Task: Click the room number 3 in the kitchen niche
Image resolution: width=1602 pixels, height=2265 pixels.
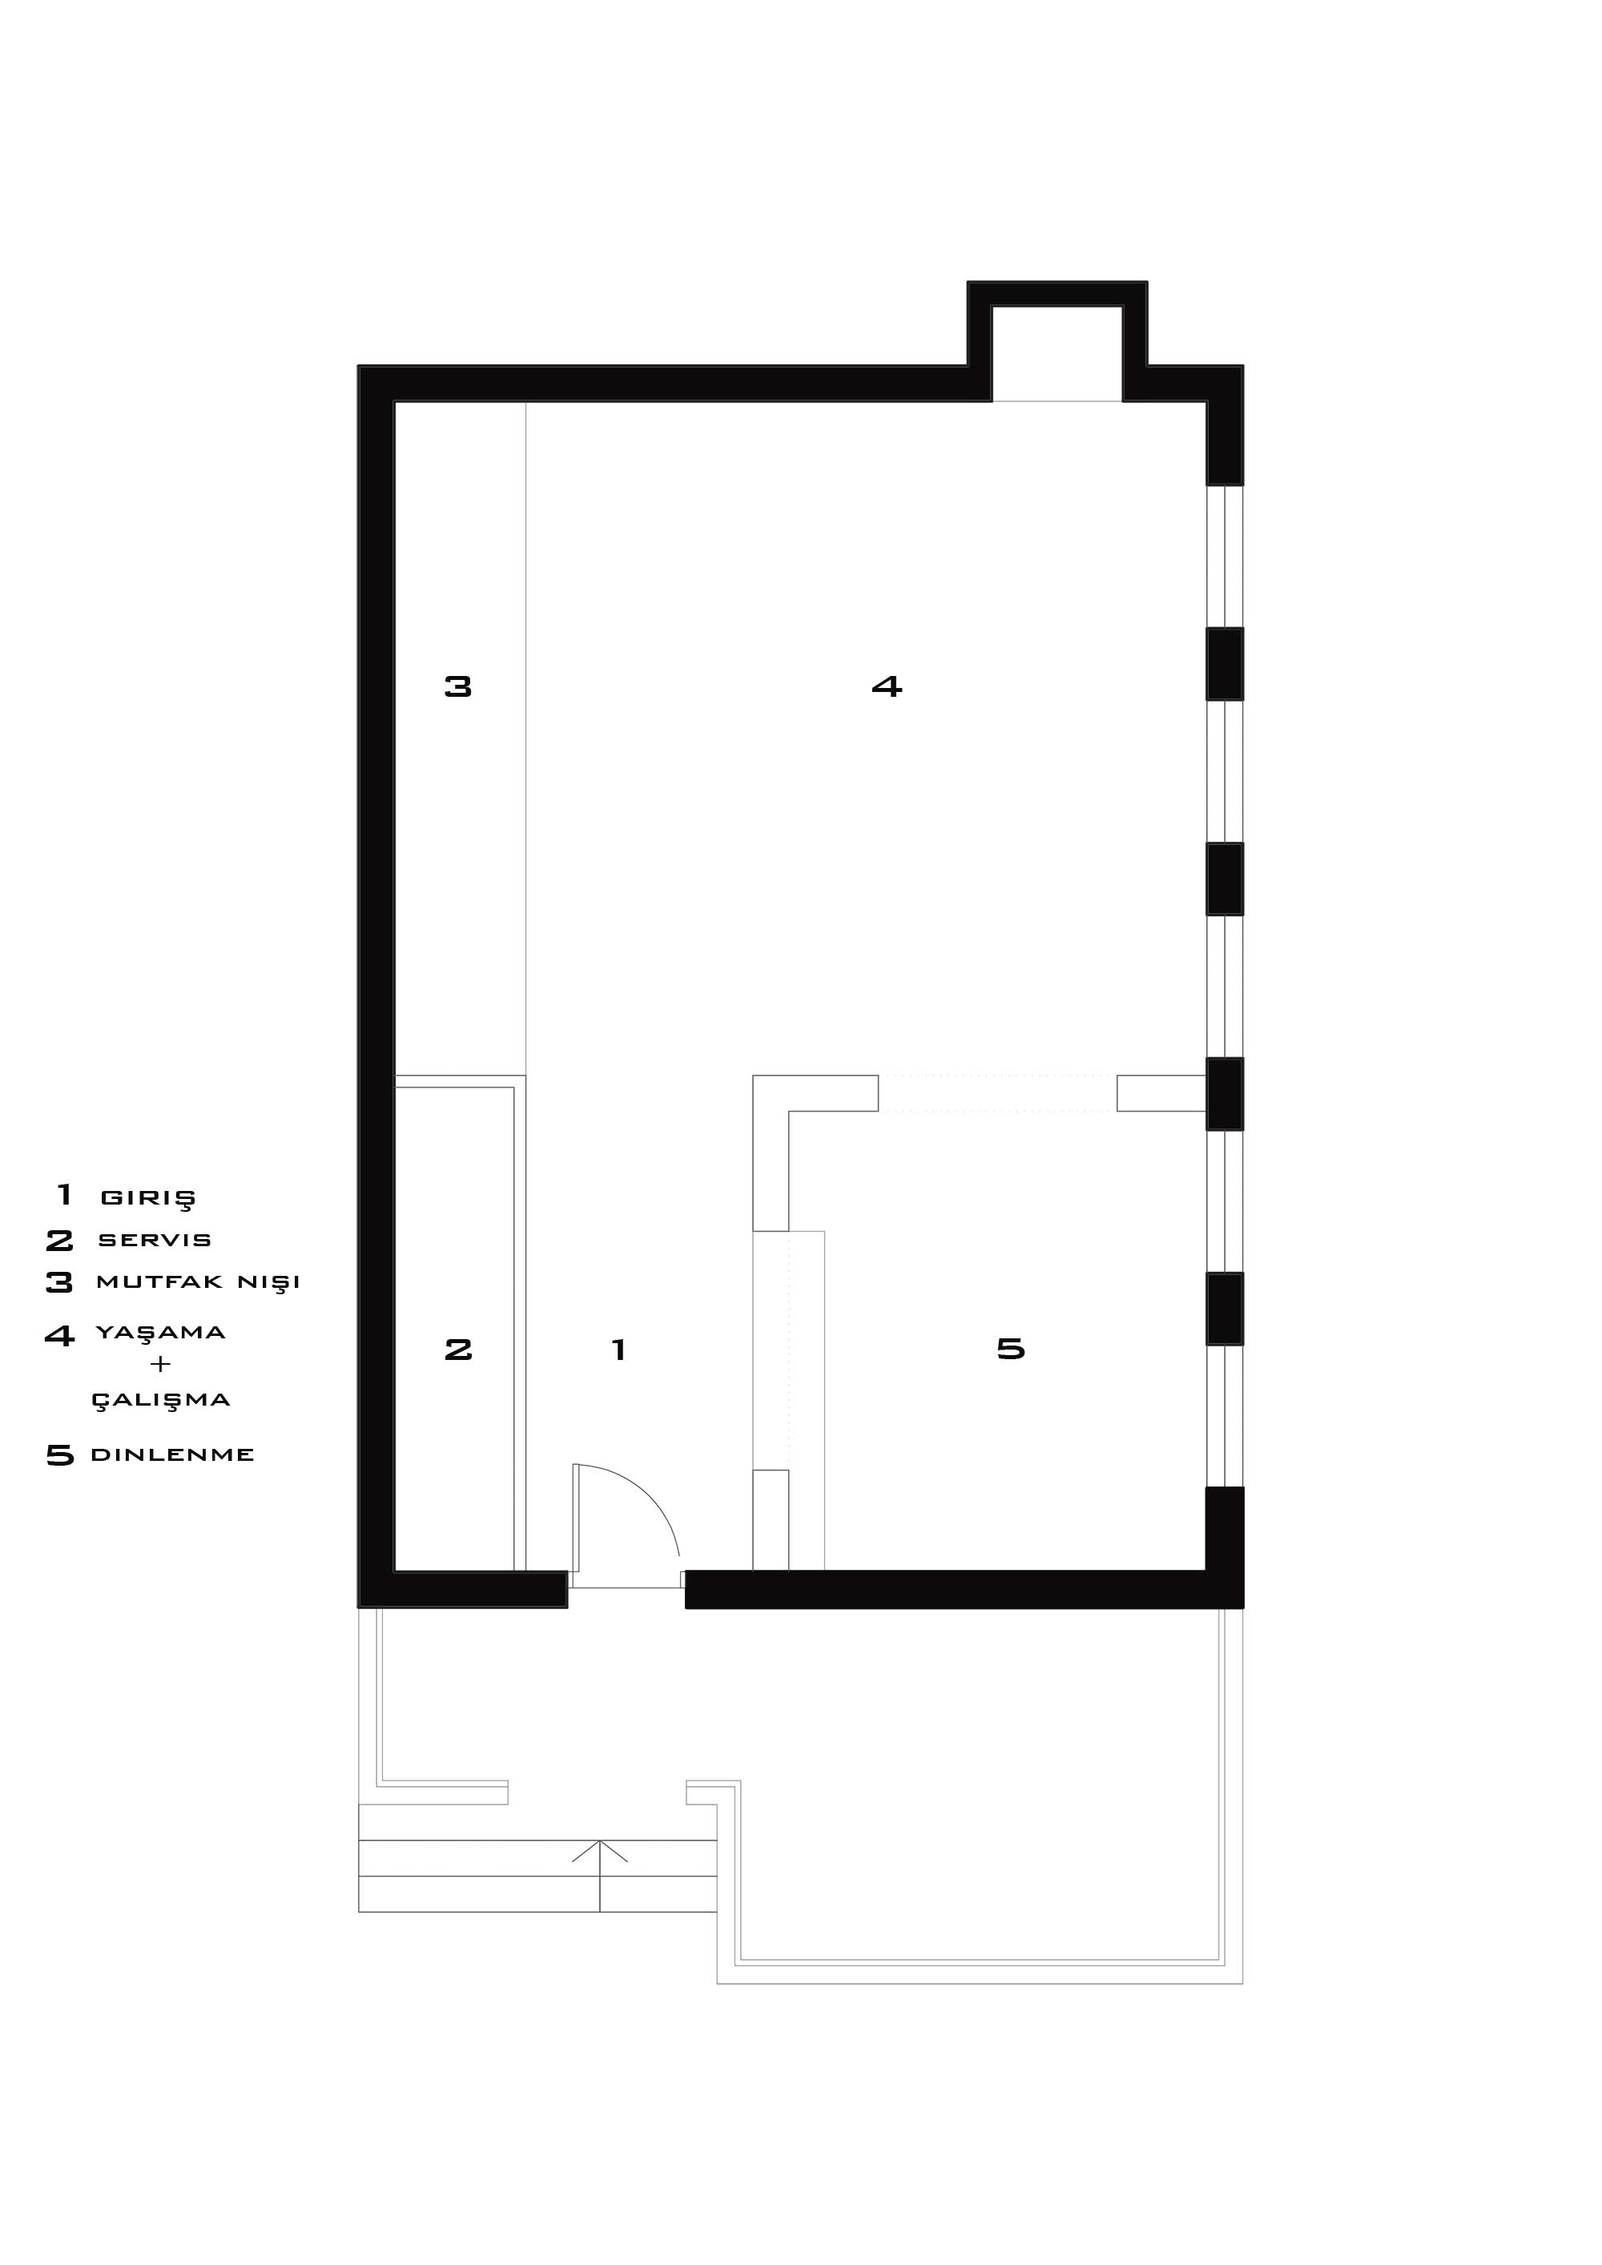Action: tap(457, 686)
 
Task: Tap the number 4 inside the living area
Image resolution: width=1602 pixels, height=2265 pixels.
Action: tap(887, 686)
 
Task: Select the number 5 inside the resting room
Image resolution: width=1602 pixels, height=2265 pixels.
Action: tap(1011, 1349)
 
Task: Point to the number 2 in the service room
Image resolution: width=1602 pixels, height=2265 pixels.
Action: tap(457, 1350)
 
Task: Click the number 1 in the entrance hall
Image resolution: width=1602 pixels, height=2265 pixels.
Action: tap(618, 1350)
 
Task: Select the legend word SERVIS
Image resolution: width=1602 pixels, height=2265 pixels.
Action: tap(155, 1240)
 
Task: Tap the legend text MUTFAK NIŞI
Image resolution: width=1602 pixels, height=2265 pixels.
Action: tap(199, 1282)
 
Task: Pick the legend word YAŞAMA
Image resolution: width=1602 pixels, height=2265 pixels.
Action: tap(161, 1333)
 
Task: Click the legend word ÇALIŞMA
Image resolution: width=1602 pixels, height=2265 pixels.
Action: tap(161, 1400)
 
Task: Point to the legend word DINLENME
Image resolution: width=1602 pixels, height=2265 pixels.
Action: tap(173, 1455)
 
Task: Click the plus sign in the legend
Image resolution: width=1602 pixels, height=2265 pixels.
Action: tap(160, 1364)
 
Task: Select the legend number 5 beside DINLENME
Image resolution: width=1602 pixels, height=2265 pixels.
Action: tap(60, 1455)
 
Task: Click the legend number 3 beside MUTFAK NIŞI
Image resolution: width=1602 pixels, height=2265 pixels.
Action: tap(59, 1282)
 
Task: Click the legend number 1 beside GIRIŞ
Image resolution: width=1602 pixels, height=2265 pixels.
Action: tap(65, 1195)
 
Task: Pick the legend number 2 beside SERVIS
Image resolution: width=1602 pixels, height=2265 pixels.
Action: tap(59, 1240)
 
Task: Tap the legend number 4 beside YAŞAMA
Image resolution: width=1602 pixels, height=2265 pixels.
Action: tap(59, 1336)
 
